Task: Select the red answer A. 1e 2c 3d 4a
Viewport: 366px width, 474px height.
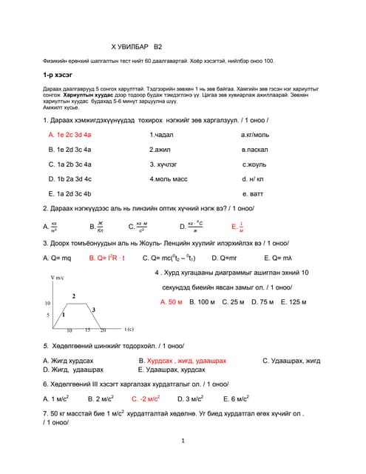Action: pyautogui.click(x=70, y=135)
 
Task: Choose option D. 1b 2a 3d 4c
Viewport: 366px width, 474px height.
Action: pyautogui.click(x=70, y=178)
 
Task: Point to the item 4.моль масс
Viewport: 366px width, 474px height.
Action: pyautogui.click(x=169, y=178)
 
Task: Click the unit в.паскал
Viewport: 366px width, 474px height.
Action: pyautogui.click(x=255, y=150)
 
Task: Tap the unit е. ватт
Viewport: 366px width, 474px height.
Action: pyautogui.click(x=254, y=193)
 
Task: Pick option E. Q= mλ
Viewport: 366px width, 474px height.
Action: pyautogui.click(x=279, y=258)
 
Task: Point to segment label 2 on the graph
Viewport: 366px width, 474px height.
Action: pyautogui.click(x=73, y=296)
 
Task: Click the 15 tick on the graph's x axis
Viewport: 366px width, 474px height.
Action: pyautogui.click(x=87, y=330)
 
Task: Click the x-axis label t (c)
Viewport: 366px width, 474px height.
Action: pyautogui.click(x=129, y=329)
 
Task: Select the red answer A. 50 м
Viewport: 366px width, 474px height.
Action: pyautogui.click(x=172, y=302)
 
